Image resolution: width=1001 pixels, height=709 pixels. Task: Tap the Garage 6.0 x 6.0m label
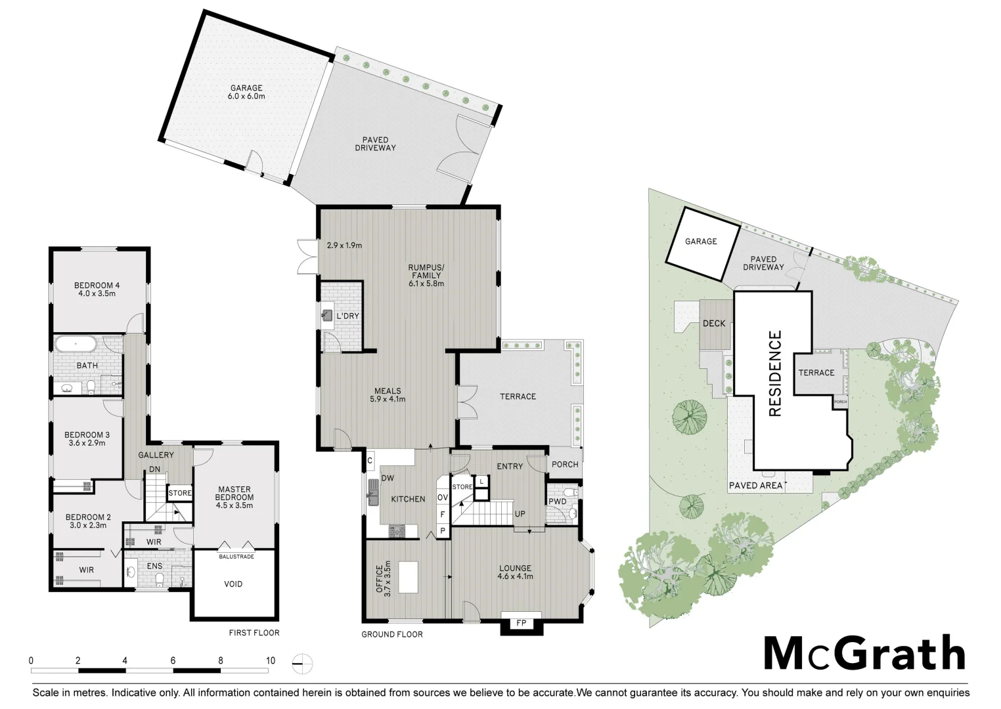point(246,92)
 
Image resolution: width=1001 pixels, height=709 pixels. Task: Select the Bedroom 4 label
point(97,290)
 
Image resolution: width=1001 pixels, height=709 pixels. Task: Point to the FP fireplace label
point(522,623)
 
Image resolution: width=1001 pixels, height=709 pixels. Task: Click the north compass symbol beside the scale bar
point(303,664)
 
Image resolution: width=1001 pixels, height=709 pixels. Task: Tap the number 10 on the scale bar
point(271,660)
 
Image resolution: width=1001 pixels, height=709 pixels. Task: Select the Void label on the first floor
point(233,584)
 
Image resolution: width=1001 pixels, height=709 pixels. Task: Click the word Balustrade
point(236,557)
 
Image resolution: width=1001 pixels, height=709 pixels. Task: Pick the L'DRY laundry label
point(347,316)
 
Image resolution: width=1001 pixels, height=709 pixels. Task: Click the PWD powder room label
point(557,502)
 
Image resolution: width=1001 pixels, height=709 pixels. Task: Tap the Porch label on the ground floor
point(565,464)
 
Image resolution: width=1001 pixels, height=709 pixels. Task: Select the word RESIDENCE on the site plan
point(775,374)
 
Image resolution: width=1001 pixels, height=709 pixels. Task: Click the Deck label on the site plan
point(714,323)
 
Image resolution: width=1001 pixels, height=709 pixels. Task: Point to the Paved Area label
point(755,486)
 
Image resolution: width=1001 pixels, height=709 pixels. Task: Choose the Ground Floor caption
point(392,634)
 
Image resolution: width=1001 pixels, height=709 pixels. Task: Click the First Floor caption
point(254,633)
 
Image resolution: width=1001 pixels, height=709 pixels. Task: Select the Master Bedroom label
point(234,497)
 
